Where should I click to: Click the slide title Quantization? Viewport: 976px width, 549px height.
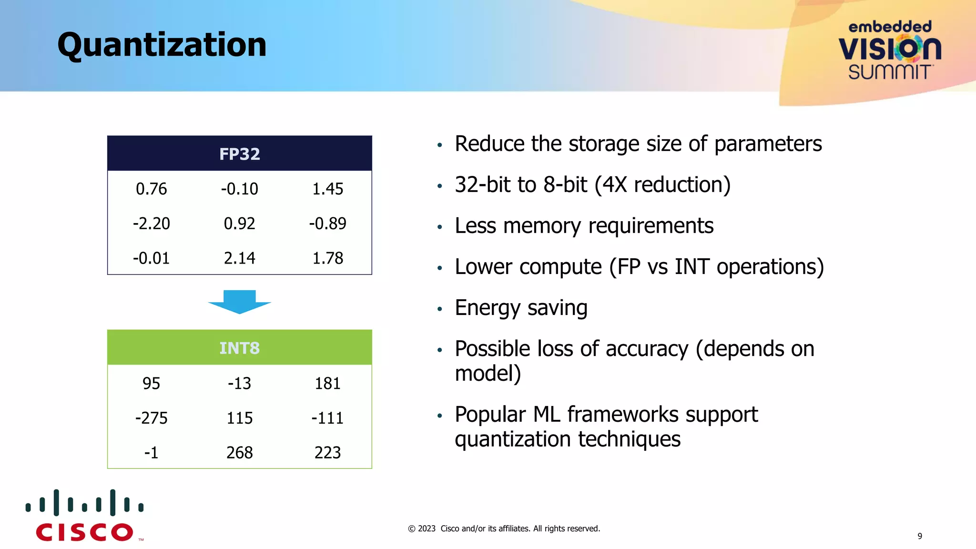click(x=162, y=45)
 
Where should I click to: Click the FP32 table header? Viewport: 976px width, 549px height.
click(x=239, y=154)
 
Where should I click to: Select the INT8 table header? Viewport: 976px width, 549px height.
click(x=239, y=348)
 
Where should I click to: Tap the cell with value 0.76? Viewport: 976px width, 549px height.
click(x=151, y=189)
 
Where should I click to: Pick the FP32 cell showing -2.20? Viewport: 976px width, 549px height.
click(x=151, y=224)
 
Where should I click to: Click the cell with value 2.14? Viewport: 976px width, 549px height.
click(x=239, y=258)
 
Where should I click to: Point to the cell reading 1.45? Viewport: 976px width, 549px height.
click(x=327, y=189)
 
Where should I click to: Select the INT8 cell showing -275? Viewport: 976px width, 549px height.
click(x=151, y=418)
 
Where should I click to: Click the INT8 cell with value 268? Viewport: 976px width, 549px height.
click(x=239, y=453)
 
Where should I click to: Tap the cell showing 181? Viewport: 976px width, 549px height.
click(x=327, y=384)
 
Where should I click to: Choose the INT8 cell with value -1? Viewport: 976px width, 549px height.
click(x=151, y=453)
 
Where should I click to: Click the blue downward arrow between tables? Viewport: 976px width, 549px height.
click(x=239, y=302)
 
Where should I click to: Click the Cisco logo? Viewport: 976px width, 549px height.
click(x=85, y=516)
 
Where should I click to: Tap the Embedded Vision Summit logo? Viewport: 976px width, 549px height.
click(x=890, y=50)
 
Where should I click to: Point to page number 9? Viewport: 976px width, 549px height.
click(x=920, y=536)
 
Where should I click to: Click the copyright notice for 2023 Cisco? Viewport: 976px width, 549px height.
click(x=504, y=529)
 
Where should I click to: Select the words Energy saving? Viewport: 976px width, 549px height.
click(x=521, y=308)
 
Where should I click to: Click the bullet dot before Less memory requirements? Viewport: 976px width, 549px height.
click(x=440, y=227)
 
